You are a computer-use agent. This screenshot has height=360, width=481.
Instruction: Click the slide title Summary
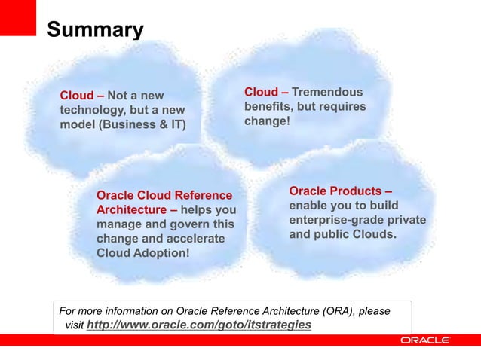click(95, 30)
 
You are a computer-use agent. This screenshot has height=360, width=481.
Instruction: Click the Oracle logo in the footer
click(424, 340)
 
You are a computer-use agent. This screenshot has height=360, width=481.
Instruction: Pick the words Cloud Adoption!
click(143, 253)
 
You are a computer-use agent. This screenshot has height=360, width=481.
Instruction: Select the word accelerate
click(198, 239)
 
